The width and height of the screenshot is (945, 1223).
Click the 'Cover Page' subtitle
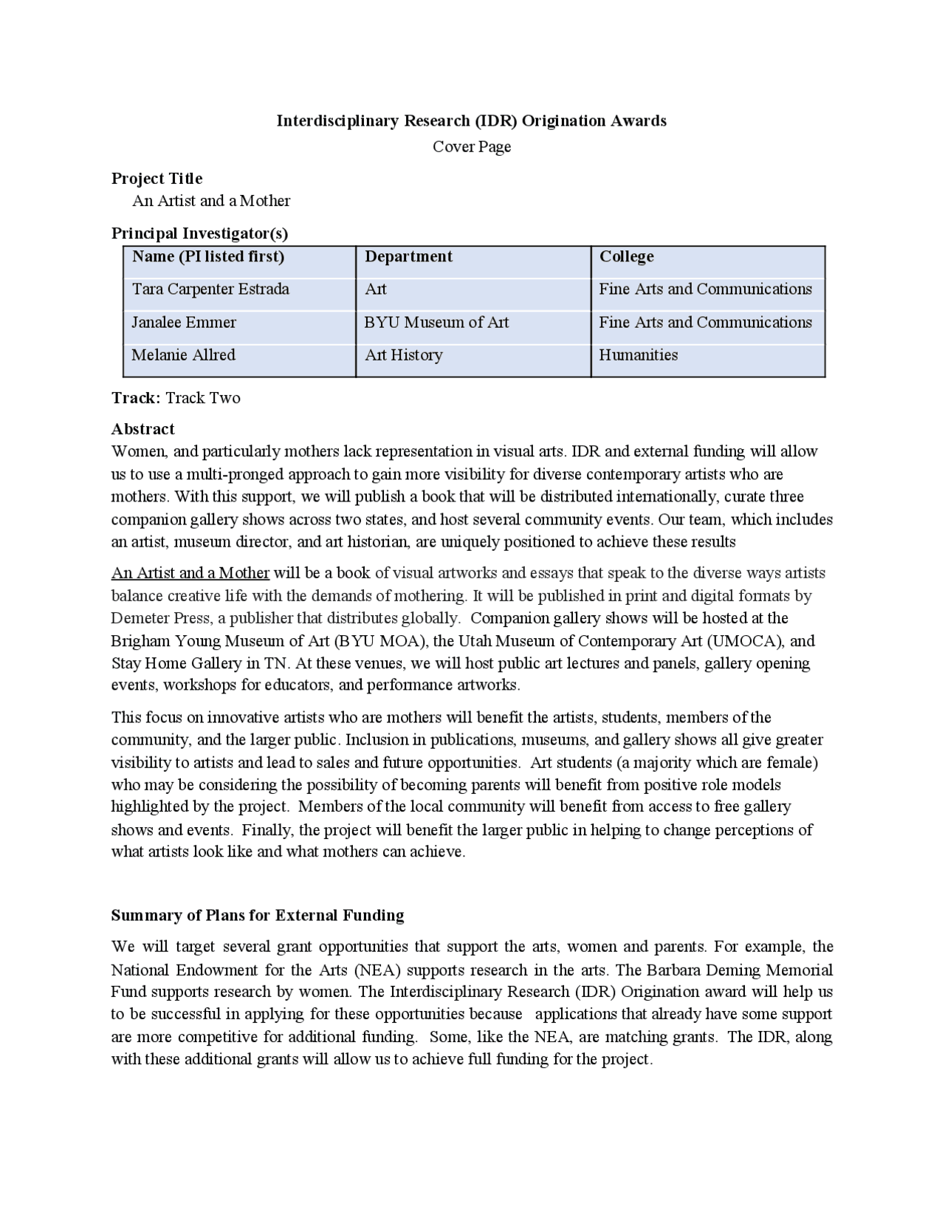point(471,146)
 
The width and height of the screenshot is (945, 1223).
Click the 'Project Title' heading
point(157,178)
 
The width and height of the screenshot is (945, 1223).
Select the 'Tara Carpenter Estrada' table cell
point(210,289)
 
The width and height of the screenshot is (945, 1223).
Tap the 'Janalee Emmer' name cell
point(184,322)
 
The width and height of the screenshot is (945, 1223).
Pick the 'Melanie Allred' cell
point(183,354)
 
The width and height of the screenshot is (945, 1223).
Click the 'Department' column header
point(408,256)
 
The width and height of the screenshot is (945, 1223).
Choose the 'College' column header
point(626,256)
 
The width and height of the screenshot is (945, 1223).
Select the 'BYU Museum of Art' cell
point(436,322)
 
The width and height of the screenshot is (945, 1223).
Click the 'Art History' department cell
point(404,354)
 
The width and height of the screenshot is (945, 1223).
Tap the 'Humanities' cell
point(638,354)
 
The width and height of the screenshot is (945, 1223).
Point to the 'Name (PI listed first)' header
point(207,256)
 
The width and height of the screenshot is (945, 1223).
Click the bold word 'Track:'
point(136,398)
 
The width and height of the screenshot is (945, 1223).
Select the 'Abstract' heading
point(142,429)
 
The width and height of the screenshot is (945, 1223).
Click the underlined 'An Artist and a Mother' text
point(190,573)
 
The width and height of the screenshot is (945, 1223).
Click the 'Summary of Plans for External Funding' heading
point(258,915)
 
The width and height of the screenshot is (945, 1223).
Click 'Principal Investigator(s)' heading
point(199,233)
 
